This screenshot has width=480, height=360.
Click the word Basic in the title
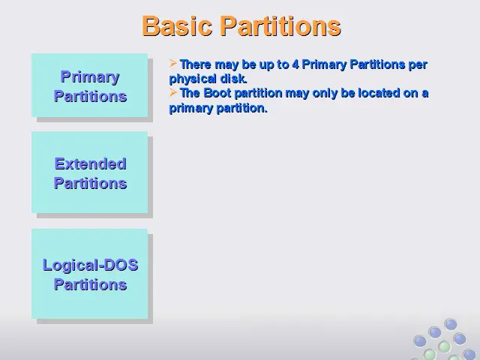[x=177, y=26]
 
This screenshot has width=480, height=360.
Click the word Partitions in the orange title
[x=280, y=26]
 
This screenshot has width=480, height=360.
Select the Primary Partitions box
[x=90, y=85]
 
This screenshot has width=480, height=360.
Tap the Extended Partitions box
[x=90, y=172]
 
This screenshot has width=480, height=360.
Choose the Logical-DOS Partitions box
[x=90, y=274]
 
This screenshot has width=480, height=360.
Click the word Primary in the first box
[x=90, y=77]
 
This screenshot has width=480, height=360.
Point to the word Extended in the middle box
[x=90, y=163]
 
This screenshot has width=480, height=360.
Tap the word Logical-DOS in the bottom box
[x=90, y=265]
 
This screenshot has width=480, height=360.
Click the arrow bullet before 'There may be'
[x=173, y=63]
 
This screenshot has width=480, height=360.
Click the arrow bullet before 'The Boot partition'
[x=173, y=92]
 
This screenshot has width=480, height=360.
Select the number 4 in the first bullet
[x=295, y=64]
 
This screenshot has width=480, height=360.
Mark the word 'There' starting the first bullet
[x=196, y=64]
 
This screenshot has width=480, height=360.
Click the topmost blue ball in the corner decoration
[x=451, y=324]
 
